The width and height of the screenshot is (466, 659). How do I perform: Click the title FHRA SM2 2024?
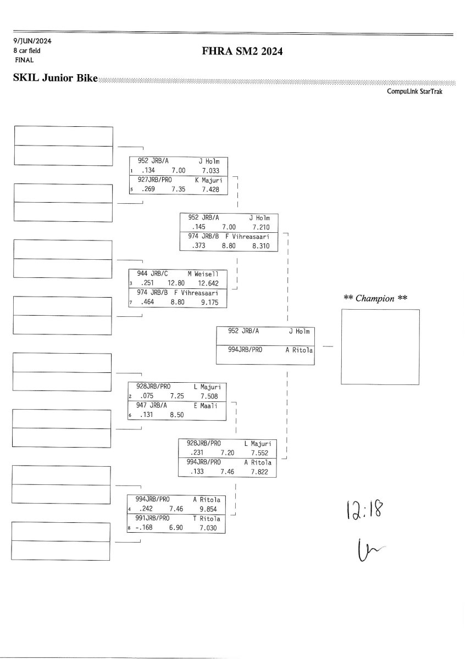point(243,52)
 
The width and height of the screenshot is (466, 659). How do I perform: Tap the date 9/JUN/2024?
point(32,41)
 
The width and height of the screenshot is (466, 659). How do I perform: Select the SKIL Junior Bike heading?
point(55,79)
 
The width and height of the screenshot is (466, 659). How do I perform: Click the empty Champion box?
point(380,347)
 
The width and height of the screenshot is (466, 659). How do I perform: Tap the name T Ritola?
point(207,518)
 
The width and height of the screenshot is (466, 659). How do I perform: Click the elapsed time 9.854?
point(209,509)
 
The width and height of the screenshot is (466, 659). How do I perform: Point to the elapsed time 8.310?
point(260,247)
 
